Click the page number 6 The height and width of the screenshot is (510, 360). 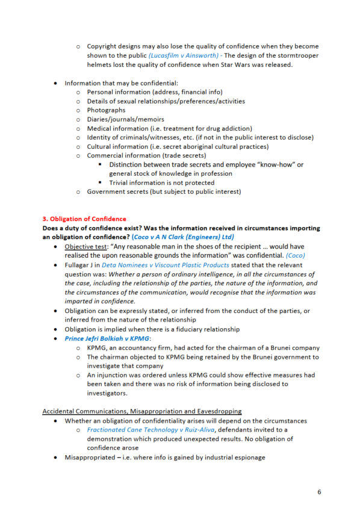point(319,492)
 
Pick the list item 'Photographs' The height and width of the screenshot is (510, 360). point(107,110)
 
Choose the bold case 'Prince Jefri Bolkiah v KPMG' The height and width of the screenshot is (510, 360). point(109,338)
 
